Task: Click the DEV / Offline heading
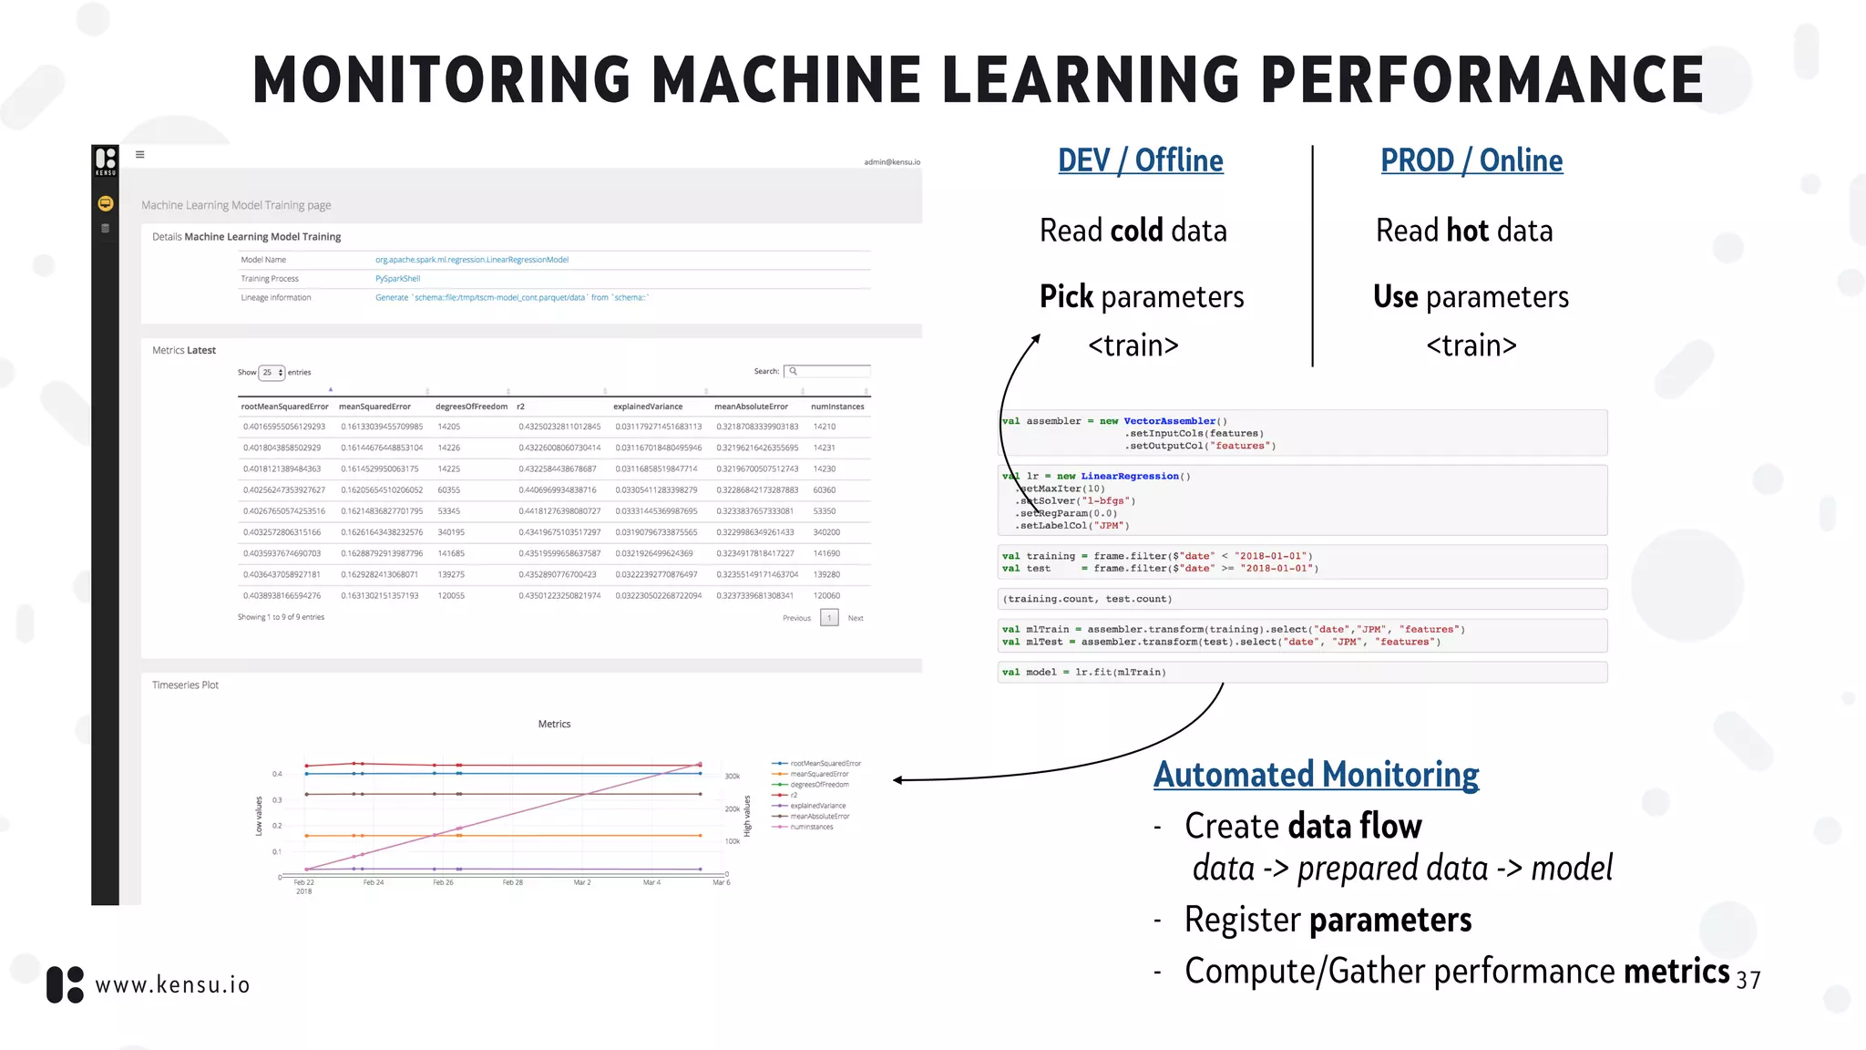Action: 1140,160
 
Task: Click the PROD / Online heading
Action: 1471,160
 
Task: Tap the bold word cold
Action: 1136,231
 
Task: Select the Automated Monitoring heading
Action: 1316,775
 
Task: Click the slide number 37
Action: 1748,980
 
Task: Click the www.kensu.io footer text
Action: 172,985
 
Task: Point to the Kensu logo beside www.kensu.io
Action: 65,985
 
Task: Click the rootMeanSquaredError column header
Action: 284,407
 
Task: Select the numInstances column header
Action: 836,407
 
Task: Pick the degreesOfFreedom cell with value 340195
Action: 451,532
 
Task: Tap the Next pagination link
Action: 856,618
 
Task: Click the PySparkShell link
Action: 397,279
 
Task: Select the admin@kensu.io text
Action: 891,162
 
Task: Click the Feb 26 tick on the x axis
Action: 443,882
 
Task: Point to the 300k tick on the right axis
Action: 733,777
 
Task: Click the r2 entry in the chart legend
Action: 794,795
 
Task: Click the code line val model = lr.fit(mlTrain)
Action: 1084,673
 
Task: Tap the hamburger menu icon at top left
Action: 140,154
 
